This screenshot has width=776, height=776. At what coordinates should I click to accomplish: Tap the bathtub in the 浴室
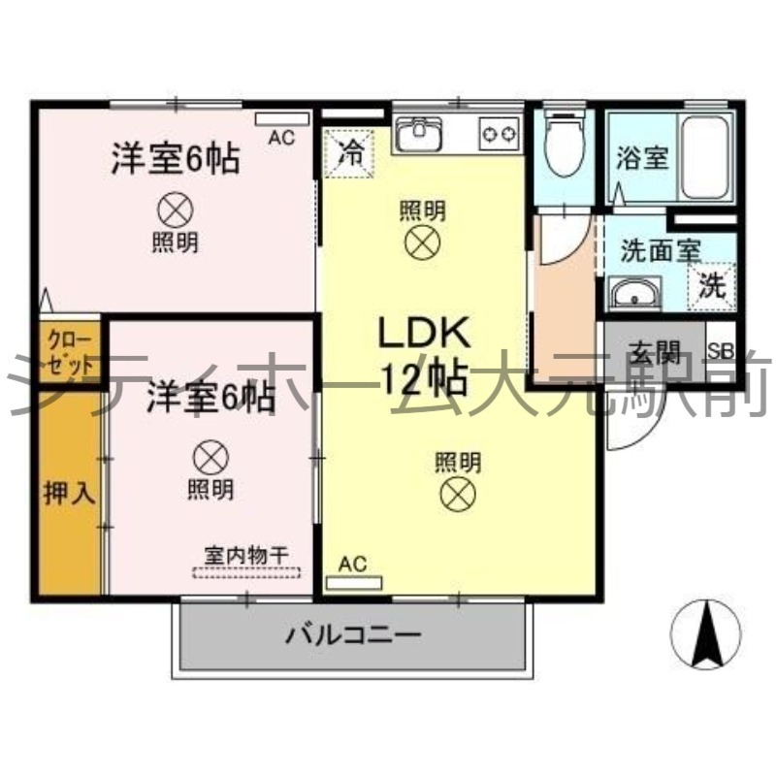(705, 156)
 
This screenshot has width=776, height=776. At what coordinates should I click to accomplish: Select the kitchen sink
(420, 132)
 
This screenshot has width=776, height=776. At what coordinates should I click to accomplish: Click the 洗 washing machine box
(713, 285)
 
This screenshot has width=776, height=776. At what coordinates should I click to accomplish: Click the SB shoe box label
(720, 352)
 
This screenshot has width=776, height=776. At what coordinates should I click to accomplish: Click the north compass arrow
(705, 633)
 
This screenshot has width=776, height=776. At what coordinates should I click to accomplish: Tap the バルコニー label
(353, 636)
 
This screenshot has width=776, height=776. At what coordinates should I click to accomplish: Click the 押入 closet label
(69, 492)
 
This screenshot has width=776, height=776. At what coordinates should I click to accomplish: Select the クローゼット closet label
(70, 350)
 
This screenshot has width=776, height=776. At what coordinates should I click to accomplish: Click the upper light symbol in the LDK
(422, 242)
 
